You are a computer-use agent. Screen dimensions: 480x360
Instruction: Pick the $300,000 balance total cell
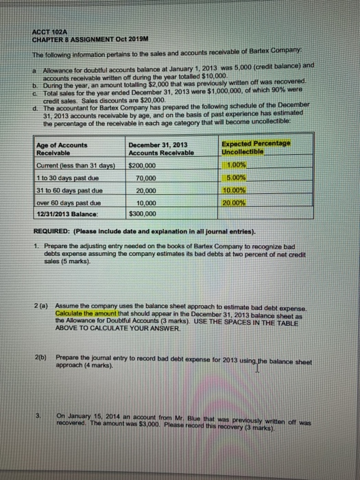143,213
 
